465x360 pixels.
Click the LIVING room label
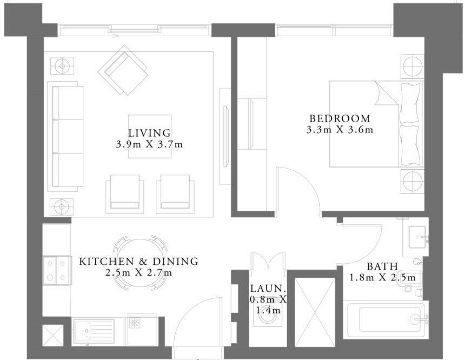(149, 133)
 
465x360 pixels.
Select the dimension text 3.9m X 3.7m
(149, 145)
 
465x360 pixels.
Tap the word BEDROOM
(340, 118)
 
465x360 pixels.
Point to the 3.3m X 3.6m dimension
(340, 130)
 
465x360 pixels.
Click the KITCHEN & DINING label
(139, 262)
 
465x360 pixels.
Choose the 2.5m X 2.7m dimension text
(139, 273)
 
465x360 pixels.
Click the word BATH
(382, 266)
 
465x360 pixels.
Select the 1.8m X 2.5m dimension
(382, 278)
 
